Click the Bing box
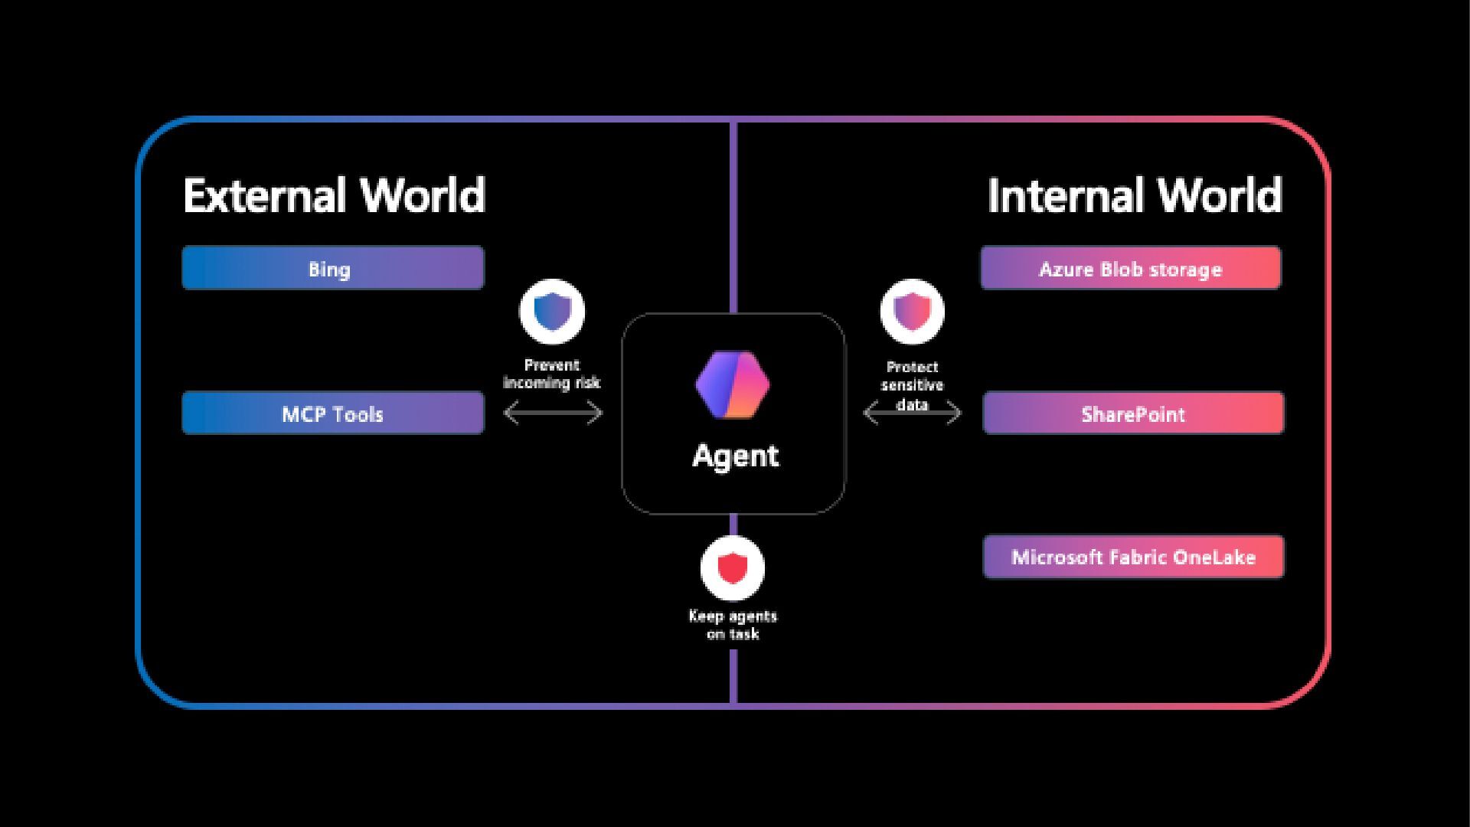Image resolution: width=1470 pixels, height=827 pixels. [333, 268]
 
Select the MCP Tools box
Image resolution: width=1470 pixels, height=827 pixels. [333, 413]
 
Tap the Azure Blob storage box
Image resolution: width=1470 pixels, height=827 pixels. [1131, 268]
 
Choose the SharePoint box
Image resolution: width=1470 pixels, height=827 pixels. [1133, 413]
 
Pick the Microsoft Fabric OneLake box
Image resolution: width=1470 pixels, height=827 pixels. [1133, 557]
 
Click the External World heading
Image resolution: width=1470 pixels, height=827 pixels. [335, 195]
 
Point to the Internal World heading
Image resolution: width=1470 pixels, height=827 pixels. [1135, 195]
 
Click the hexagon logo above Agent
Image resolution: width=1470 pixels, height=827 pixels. [733, 385]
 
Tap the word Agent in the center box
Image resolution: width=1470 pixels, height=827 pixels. [735, 456]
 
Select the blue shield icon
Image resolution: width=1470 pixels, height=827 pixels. [552, 312]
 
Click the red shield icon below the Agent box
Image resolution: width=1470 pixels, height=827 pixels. [733, 568]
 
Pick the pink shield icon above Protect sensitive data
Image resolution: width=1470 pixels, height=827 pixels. [912, 312]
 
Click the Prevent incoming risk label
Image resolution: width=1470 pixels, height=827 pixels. [552, 374]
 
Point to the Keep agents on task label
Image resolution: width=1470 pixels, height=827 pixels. [733, 625]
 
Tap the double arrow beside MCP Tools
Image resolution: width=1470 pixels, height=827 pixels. [553, 414]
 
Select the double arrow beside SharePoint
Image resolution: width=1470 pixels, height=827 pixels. [912, 414]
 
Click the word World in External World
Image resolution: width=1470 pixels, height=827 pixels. [423, 195]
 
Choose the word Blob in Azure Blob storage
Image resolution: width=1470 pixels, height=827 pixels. [1122, 269]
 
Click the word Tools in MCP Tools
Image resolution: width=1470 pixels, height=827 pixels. [358, 414]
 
